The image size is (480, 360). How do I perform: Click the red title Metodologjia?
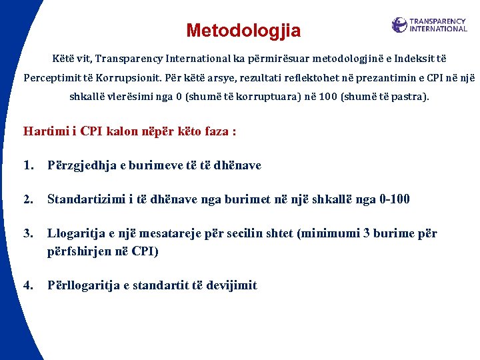243,31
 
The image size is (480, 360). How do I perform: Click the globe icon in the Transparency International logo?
399,25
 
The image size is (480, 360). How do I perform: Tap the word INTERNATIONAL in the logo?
438,29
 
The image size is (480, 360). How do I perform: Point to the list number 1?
28,165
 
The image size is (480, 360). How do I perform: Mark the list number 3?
28,234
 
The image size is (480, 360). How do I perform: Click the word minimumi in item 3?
333,234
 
